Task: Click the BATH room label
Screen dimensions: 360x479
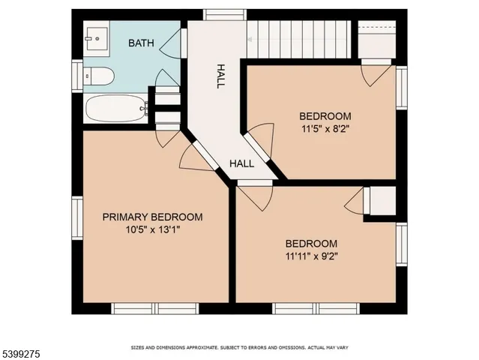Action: (x=141, y=43)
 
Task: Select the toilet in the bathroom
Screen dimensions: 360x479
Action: (x=99, y=76)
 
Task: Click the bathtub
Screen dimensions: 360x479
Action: (x=114, y=109)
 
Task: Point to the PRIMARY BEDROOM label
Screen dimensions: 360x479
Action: (x=152, y=217)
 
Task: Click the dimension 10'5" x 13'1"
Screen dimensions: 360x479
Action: (x=152, y=229)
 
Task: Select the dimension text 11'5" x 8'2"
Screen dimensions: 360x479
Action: (x=325, y=128)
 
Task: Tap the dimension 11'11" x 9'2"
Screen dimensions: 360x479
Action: (x=310, y=256)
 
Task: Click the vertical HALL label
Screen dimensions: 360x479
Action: (x=220, y=76)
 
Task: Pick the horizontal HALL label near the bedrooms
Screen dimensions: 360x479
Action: (x=241, y=163)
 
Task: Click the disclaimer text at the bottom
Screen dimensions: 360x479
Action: (x=239, y=348)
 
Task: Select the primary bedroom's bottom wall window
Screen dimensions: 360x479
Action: (x=154, y=308)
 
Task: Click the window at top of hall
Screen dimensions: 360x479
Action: (x=225, y=14)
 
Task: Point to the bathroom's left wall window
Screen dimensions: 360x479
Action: (x=76, y=76)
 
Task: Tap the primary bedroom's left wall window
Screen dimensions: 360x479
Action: (x=76, y=217)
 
